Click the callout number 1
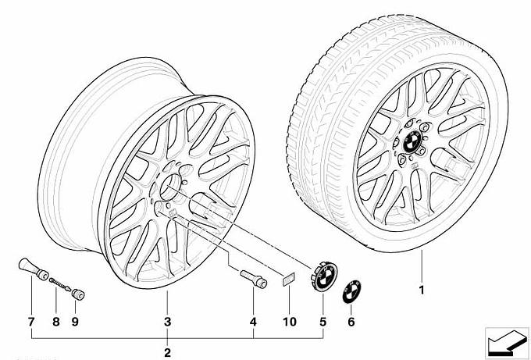pyautogui.click(x=422, y=290)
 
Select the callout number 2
pyautogui.click(x=168, y=352)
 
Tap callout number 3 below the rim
pyautogui.click(x=168, y=322)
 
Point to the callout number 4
pyautogui.click(x=253, y=322)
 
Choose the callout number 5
pyautogui.click(x=323, y=322)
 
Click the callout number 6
pyautogui.click(x=351, y=322)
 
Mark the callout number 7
pyautogui.click(x=31, y=322)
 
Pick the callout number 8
pyautogui.click(x=56, y=322)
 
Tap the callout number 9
pyautogui.click(x=75, y=322)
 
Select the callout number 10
pyautogui.click(x=290, y=322)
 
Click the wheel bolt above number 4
pyautogui.click(x=254, y=279)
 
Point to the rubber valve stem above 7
pyautogui.click(x=33, y=269)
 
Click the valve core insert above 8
pyautogui.click(x=60, y=283)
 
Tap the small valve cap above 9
pyautogui.click(x=77, y=294)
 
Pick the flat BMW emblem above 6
pyautogui.click(x=352, y=292)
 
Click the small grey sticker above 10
pyautogui.click(x=288, y=280)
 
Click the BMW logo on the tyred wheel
pyautogui.click(x=412, y=141)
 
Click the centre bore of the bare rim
pyautogui.click(x=171, y=187)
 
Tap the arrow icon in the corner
pyautogui.click(x=507, y=343)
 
